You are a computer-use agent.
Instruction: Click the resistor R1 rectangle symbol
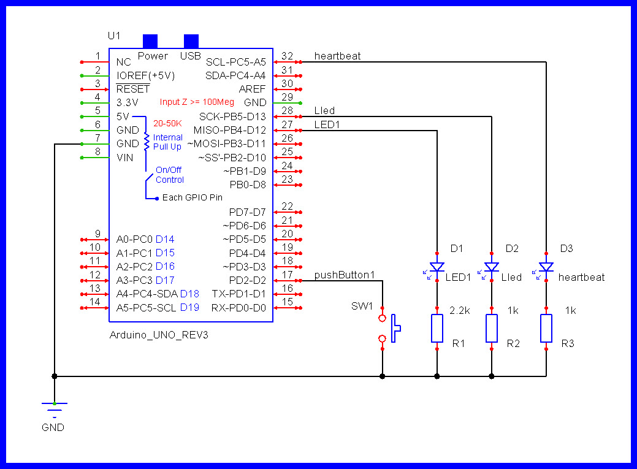click(x=437, y=328)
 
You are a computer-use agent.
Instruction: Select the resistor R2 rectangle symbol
click(x=492, y=328)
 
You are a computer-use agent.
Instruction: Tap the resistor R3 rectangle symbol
click(x=546, y=328)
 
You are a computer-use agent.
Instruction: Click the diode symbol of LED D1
click(x=437, y=267)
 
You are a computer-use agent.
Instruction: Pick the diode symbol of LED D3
click(x=546, y=267)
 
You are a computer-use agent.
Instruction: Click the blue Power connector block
click(x=150, y=41)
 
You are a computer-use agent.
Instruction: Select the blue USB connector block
click(x=191, y=41)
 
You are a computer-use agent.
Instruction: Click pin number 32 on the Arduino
click(x=287, y=56)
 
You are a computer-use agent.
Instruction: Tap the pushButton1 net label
click(x=344, y=275)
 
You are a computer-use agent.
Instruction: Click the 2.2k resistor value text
click(x=460, y=311)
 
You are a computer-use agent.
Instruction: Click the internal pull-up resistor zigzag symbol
click(x=147, y=142)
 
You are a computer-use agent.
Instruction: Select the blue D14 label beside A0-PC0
click(x=165, y=239)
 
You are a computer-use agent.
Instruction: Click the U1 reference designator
click(x=114, y=36)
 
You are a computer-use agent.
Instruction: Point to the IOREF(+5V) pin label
click(x=145, y=75)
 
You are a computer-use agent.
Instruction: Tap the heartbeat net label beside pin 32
click(x=337, y=56)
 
